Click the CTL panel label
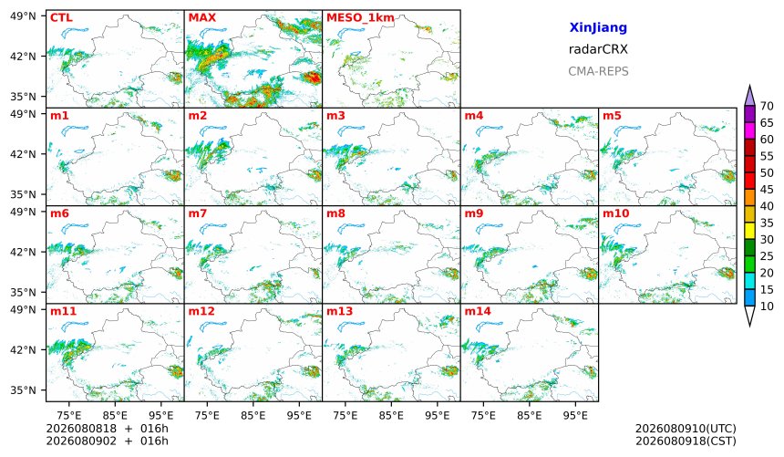(61, 18)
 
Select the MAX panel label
(202, 18)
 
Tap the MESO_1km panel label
(360, 18)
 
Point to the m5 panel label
(612, 116)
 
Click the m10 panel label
(615, 213)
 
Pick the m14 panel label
(478, 311)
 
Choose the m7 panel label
(198, 213)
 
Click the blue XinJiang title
(598, 27)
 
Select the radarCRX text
(598, 49)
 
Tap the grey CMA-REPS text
(598, 71)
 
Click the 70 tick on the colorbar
(767, 106)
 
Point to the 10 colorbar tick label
(767, 306)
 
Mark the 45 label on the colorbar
(767, 190)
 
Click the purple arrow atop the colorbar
(749, 95)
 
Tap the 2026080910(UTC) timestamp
(686, 429)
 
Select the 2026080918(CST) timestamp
(686, 441)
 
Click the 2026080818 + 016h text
(107, 429)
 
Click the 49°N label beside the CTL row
(23, 16)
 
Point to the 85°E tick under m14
(530, 415)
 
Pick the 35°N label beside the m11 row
(23, 389)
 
